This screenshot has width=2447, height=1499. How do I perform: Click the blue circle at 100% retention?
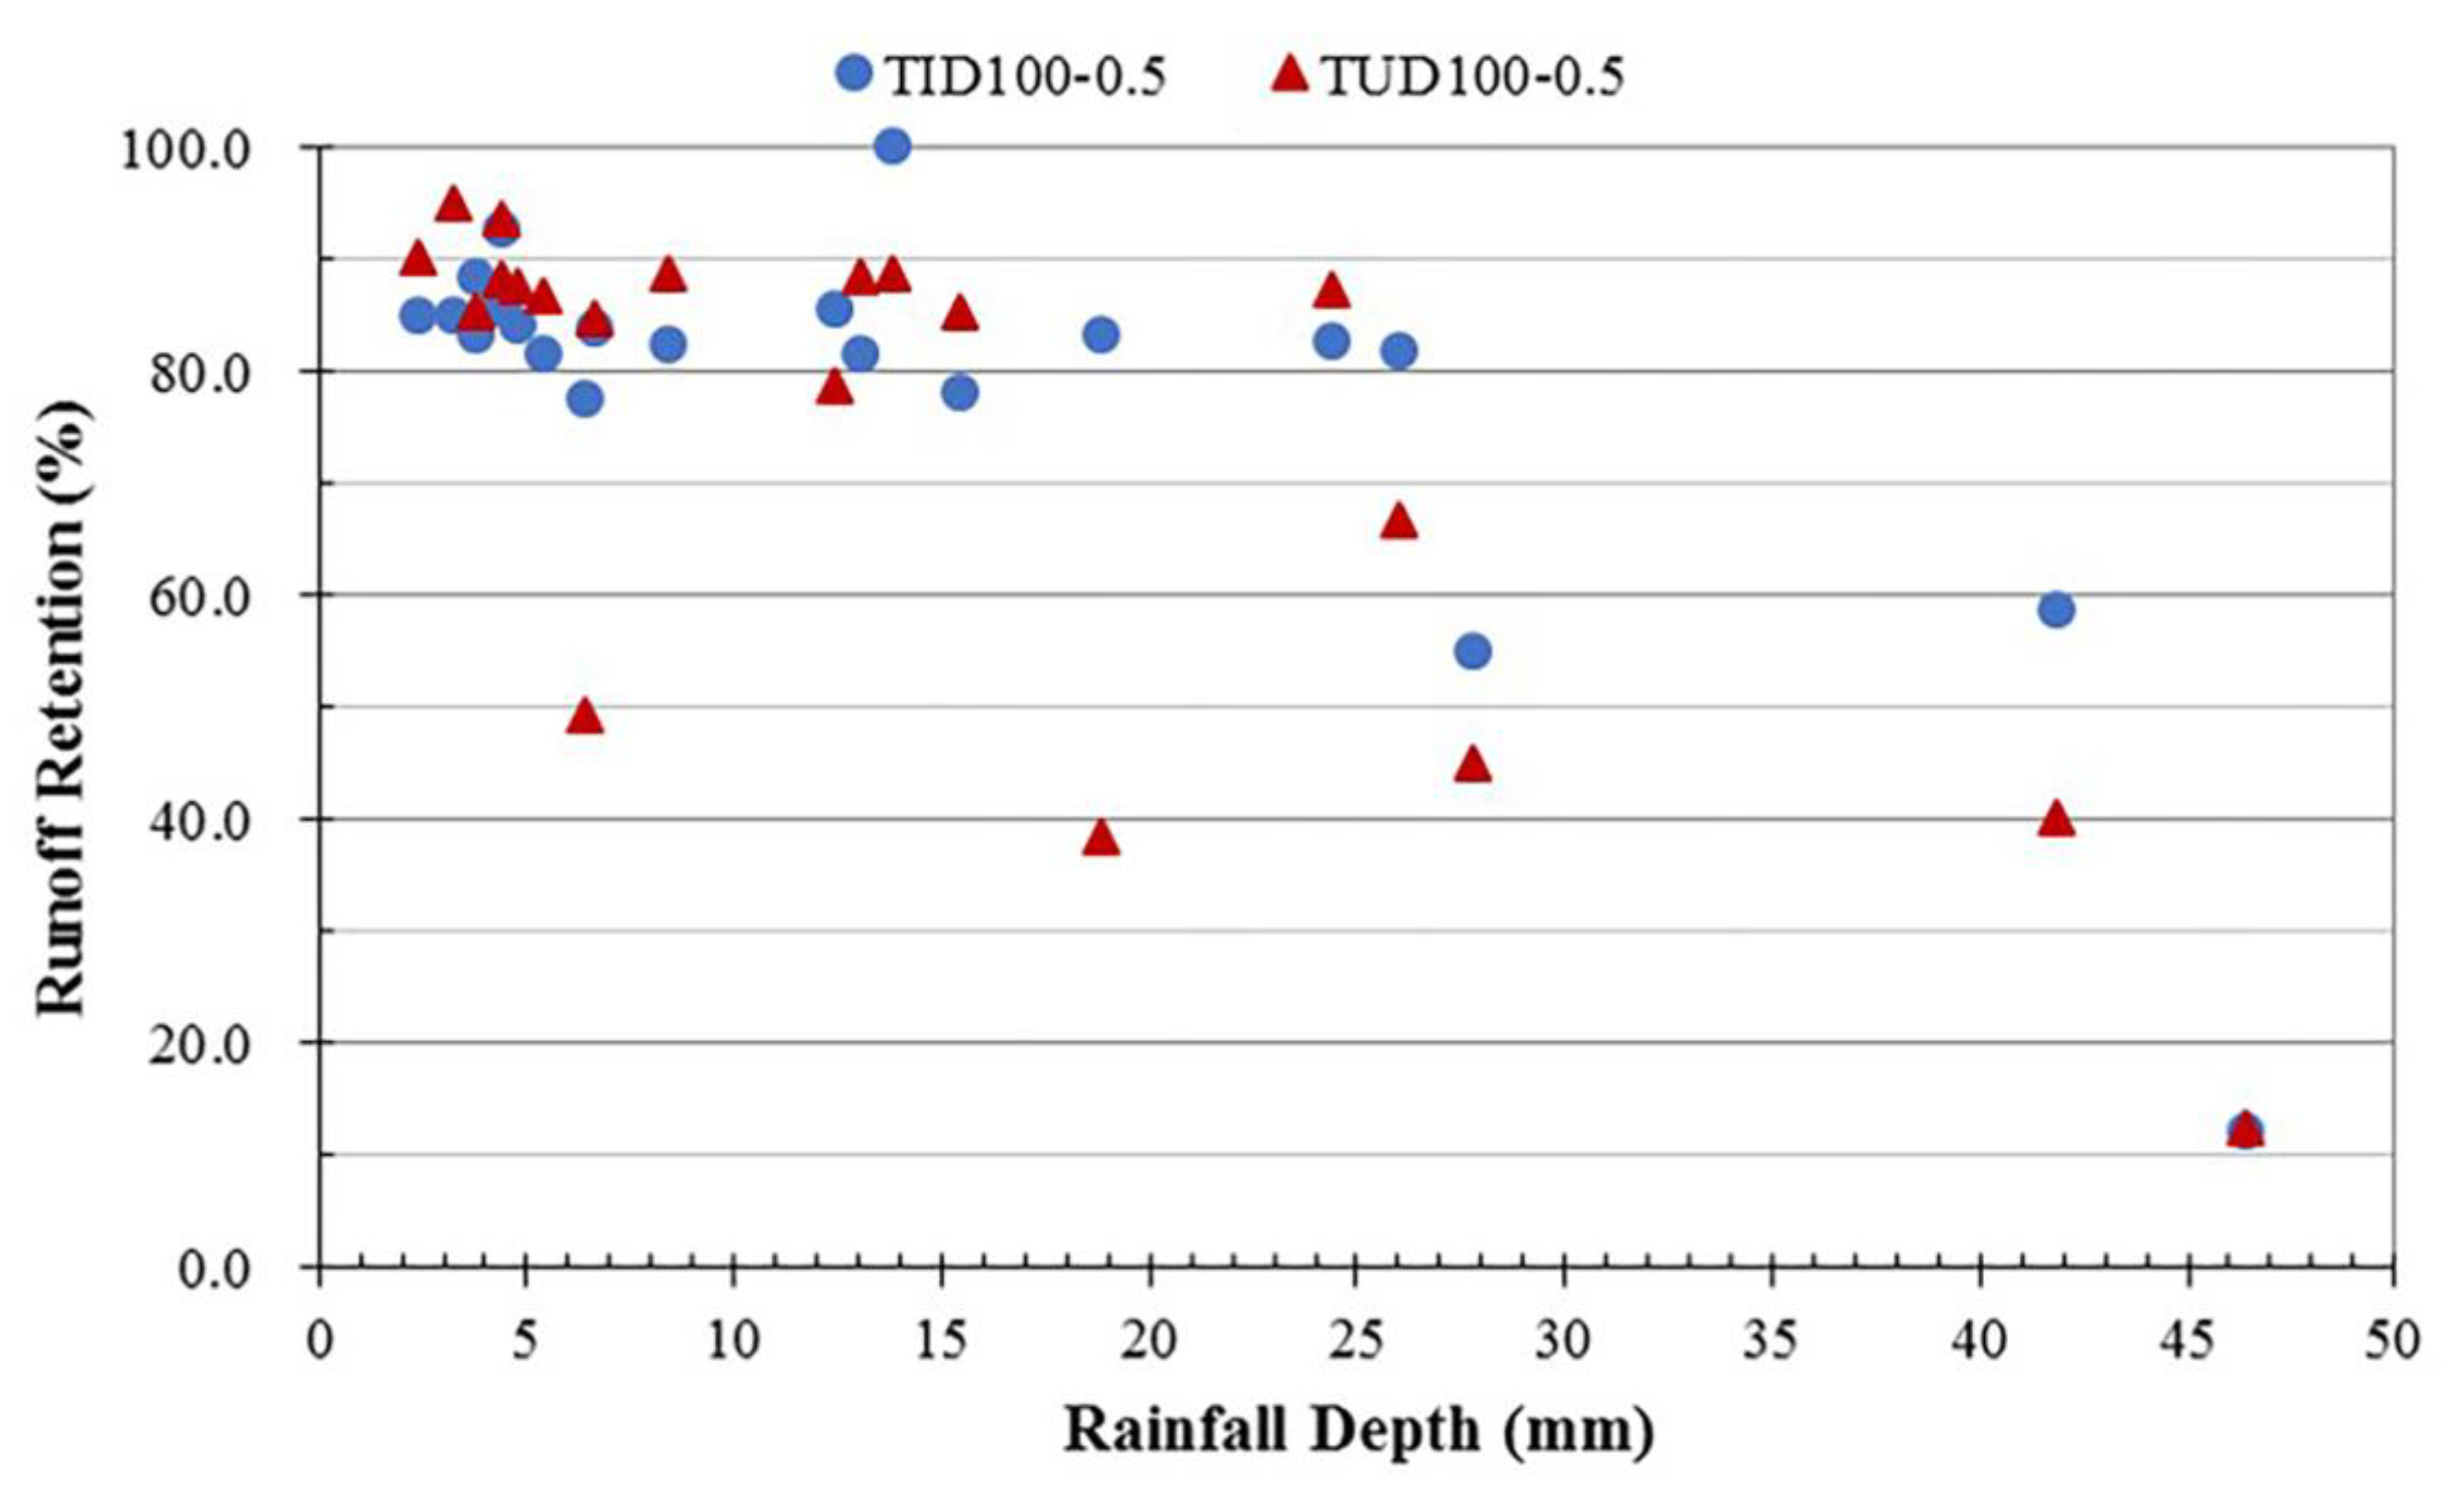892,147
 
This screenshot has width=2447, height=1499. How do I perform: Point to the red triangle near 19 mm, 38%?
1100,840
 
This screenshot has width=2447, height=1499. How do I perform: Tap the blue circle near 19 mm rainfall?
1100,335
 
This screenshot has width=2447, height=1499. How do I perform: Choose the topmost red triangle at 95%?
453,204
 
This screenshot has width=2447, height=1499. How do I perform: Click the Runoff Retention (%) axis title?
62,707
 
